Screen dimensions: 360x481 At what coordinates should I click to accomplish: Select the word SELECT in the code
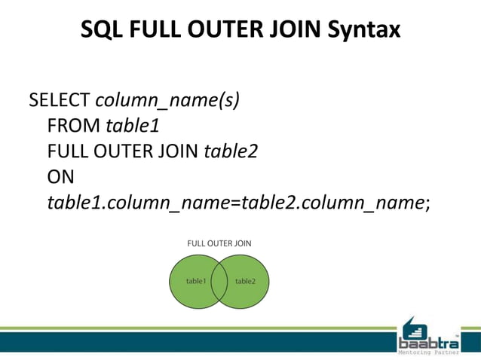(x=60, y=101)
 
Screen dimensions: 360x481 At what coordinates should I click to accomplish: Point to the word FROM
(x=74, y=126)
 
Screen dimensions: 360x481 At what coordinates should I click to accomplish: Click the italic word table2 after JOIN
(x=231, y=151)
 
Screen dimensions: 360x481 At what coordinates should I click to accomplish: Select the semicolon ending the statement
(x=428, y=203)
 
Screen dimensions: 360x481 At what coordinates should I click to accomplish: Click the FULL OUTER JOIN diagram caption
(x=219, y=243)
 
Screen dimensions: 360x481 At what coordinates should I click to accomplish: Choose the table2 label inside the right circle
(x=245, y=281)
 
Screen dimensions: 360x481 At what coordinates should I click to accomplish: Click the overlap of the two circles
(x=219, y=281)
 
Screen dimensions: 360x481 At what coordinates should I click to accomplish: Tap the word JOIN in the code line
(x=179, y=151)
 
